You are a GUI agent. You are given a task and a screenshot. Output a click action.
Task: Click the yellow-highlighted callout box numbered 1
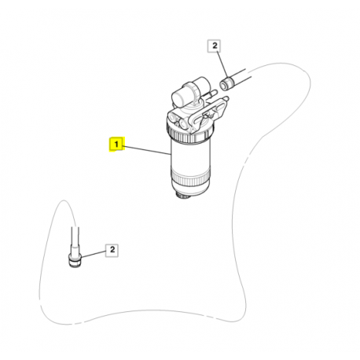[116, 144]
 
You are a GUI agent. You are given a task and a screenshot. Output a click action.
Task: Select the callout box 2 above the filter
[215, 46]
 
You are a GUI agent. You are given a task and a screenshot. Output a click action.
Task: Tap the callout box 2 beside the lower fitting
[112, 250]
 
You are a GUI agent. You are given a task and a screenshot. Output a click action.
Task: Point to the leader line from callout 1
[147, 150]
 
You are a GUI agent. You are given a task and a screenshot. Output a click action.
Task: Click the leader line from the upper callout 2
[221, 64]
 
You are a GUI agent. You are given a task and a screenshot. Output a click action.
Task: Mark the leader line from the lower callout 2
[93, 254]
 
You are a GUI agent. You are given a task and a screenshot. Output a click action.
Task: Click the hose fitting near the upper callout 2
[226, 83]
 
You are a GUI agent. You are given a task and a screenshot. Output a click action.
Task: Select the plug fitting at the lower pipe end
[75, 260]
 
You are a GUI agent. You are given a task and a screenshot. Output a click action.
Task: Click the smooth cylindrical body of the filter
[191, 156]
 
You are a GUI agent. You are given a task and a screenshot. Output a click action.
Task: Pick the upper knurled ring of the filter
[191, 132]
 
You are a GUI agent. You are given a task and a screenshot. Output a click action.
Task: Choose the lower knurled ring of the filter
[191, 178]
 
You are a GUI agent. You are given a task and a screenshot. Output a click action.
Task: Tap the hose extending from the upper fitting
[241, 76]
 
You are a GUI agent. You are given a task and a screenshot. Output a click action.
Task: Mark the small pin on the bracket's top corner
[226, 99]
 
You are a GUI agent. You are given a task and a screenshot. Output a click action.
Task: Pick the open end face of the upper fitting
[223, 85]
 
